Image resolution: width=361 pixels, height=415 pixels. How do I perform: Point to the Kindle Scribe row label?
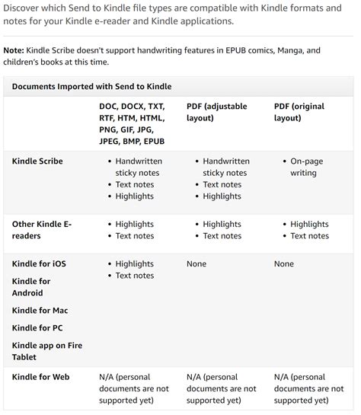pos(37,161)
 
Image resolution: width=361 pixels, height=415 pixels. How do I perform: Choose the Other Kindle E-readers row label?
pos(41,230)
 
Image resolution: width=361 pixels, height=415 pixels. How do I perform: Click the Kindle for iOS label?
pos(39,263)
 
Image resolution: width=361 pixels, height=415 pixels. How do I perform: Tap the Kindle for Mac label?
pos(40,311)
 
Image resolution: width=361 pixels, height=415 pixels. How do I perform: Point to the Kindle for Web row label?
pos(41,377)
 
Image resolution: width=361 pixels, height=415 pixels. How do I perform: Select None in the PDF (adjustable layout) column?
pos(197,263)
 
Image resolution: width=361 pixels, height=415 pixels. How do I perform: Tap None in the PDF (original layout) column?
pos(284,263)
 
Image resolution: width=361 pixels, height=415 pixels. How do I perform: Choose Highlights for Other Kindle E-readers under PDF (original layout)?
pos(309,225)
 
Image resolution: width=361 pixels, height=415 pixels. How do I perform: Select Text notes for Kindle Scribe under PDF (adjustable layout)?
pos(222,184)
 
